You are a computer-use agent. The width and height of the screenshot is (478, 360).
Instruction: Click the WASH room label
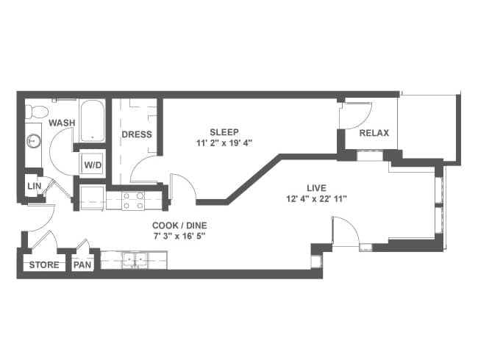coord(62,123)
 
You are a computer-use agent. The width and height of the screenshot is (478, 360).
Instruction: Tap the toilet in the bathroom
coord(36,112)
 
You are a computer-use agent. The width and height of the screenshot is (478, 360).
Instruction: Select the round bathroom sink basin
coord(33,141)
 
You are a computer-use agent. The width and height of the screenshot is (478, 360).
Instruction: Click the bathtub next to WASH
coord(93,121)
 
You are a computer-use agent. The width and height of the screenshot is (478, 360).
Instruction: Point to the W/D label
coord(93,165)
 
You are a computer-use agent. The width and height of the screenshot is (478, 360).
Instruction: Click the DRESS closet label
coord(137,134)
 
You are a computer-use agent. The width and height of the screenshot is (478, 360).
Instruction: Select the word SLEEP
coord(224,132)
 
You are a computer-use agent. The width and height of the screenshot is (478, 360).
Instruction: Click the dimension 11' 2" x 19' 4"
coord(224,143)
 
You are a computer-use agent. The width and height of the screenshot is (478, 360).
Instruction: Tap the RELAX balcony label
coord(374,133)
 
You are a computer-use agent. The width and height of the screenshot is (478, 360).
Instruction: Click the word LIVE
coord(316,188)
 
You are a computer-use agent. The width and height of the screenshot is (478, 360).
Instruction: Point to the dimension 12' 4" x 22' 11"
coord(316,199)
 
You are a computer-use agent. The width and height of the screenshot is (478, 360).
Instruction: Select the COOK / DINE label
coord(179,226)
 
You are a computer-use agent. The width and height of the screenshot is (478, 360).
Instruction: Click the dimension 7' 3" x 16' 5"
coord(179,236)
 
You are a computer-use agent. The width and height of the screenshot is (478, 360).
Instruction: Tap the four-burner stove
coord(133,201)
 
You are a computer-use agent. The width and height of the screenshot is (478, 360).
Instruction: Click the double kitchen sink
coord(135,260)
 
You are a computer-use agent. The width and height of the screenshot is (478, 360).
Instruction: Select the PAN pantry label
coord(82,264)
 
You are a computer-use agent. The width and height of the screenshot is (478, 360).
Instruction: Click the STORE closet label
coord(44,264)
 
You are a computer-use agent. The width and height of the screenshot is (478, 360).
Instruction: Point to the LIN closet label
coord(34,186)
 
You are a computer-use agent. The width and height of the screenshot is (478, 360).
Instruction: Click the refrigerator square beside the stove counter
coord(93,198)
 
